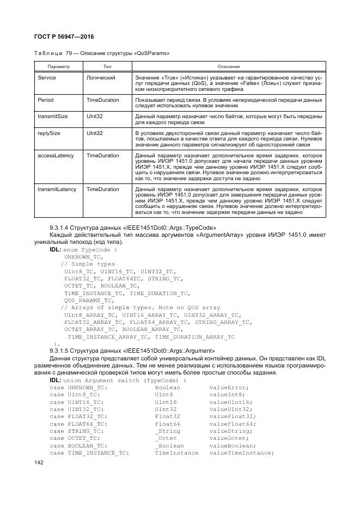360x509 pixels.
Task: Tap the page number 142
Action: [x=39, y=462]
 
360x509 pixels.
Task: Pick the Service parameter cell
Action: [x=47, y=78]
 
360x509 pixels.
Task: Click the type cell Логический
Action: [x=101, y=78]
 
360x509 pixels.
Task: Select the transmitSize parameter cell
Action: [x=53, y=116]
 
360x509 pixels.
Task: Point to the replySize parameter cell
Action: [x=49, y=132]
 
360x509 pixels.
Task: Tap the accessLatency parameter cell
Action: [x=56, y=155]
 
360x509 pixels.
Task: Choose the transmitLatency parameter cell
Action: [x=57, y=189]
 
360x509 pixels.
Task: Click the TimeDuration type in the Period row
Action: [x=102, y=101]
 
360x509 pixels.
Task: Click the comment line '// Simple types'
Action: [x=88, y=263]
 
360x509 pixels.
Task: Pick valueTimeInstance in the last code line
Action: [x=241, y=453]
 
